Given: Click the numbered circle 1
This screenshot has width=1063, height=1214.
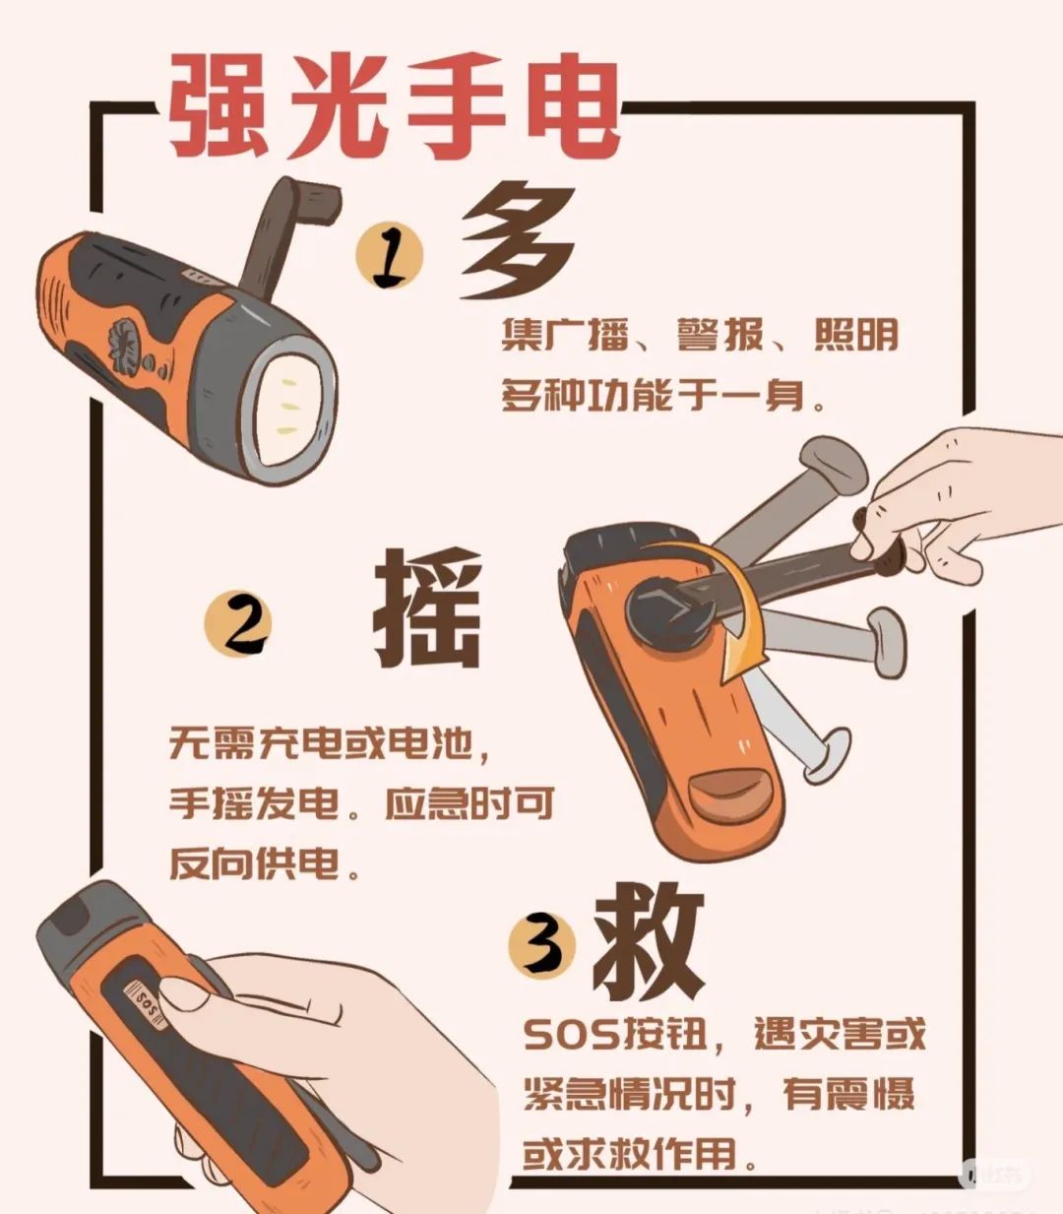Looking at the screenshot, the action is coord(390,256).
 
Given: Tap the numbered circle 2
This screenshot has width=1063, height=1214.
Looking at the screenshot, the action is coord(238,623).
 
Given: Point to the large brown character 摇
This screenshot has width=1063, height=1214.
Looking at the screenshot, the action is coord(427,607).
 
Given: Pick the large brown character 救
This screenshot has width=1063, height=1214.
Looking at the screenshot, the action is coord(648,941).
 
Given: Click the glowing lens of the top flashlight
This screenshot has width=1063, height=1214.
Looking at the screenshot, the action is coord(289,405).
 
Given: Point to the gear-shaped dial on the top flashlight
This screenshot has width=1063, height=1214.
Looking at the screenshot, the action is coord(126,341).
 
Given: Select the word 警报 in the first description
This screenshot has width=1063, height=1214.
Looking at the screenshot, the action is coord(719,335).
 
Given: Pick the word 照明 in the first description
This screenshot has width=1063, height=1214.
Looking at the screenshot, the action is coord(856,335).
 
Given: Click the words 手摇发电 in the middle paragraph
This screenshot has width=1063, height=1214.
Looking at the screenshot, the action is coord(254,803).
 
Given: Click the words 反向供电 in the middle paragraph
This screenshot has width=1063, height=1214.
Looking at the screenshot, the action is coord(254,863).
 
